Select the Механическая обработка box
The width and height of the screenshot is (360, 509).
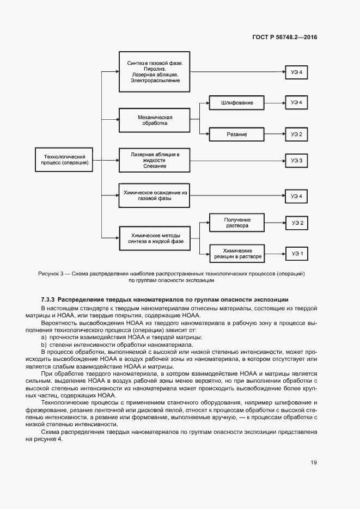pos(155,120)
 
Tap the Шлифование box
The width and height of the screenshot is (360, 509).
pos(236,102)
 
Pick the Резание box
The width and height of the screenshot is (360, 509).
pos(236,134)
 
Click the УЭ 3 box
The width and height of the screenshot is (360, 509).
pos(296,161)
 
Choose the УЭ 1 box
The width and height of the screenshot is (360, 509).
pos(296,253)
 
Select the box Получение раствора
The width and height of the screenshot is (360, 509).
pos(236,222)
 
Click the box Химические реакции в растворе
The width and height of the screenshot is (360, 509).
pos(236,253)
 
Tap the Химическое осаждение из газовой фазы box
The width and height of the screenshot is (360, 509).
pos(155,195)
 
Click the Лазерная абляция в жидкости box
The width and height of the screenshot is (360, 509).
pos(155,160)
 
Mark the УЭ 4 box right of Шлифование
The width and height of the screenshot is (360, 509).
pos(296,102)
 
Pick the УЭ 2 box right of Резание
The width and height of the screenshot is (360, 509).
pos(296,134)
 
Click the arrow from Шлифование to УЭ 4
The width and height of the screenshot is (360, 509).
pos(274,102)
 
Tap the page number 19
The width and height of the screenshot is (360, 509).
pos(314,463)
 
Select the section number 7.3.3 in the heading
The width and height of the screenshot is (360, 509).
pos(47,300)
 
